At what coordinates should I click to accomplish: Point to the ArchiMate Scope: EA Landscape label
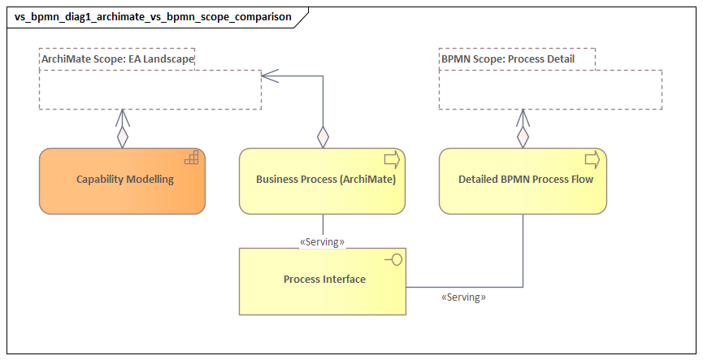(117, 59)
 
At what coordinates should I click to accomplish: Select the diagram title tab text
(153, 16)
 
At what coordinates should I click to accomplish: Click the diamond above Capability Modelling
(122, 137)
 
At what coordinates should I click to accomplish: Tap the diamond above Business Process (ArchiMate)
(323, 137)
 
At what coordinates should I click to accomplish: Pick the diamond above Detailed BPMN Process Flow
(523, 137)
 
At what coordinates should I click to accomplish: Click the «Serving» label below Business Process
(323, 242)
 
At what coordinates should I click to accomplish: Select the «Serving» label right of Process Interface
(463, 298)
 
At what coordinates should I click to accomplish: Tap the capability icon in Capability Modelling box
(192, 158)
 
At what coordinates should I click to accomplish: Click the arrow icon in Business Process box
(392, 158)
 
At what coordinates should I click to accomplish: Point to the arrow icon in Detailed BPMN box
(592, 158)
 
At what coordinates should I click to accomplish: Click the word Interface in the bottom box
(345, 280)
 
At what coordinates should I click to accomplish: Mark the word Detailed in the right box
(480, 180)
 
